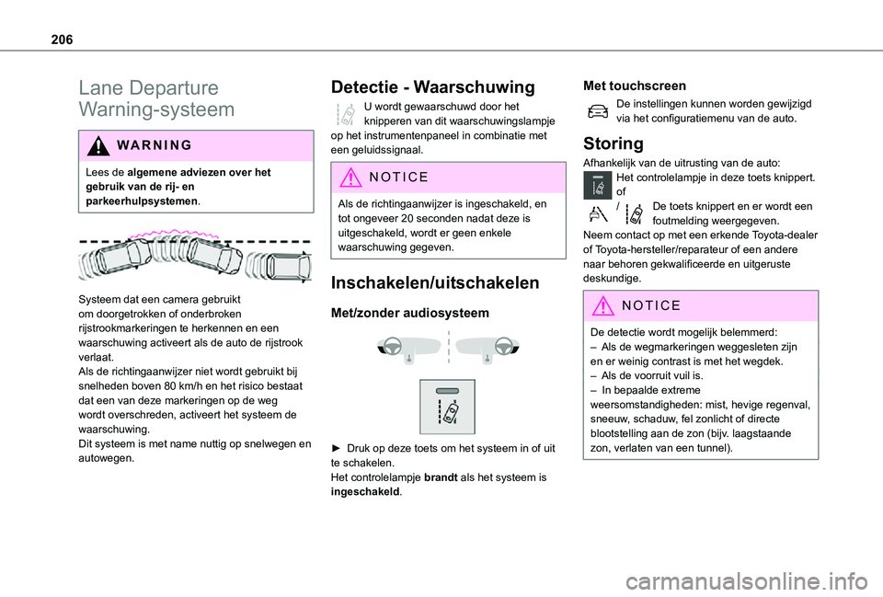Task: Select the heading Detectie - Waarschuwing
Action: click(x=430, y=87)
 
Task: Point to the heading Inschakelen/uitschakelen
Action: click(x=447, y=282)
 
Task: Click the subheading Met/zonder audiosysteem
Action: click(x=408, y=313)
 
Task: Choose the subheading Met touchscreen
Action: click(x=634, y=86)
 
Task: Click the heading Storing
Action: click(x=613, y=144)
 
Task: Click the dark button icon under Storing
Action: click(x=598, y=186)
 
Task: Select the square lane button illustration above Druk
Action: click(x=447, y=406)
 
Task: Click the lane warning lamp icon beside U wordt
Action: click(x=346, y=114)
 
